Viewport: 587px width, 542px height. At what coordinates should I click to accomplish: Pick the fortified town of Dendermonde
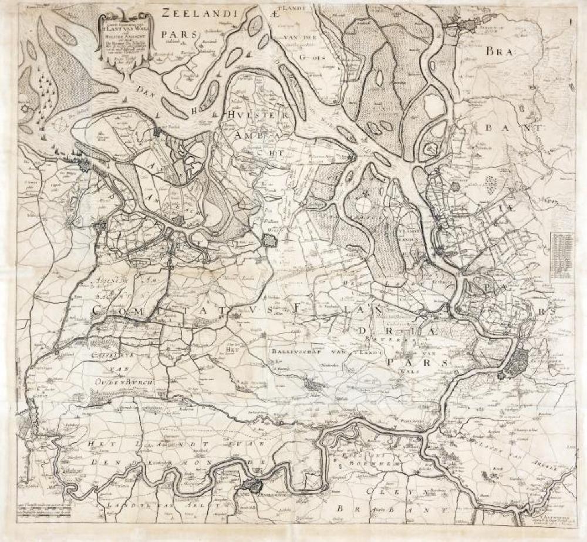point(252,485)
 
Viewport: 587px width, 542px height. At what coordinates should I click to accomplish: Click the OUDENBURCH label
point(123,382)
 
